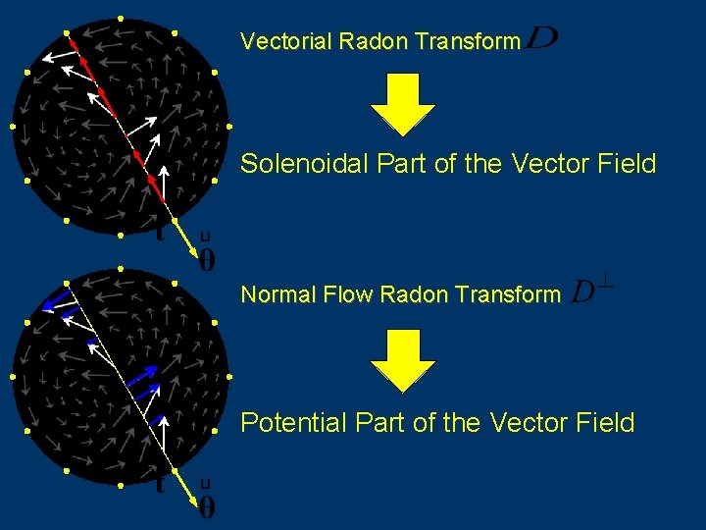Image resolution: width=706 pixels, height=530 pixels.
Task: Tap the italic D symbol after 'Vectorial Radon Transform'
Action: coord(541,39)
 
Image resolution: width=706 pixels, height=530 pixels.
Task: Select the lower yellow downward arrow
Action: coord(402,358)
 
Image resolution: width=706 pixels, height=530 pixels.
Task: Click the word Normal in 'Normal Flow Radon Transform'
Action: coord(272,294)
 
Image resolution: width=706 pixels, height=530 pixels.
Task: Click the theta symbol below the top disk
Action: coord(207,259)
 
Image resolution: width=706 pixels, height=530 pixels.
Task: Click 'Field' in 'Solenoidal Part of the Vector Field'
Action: coord(626,164)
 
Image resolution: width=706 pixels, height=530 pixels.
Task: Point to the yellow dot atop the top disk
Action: coord(120,18)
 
